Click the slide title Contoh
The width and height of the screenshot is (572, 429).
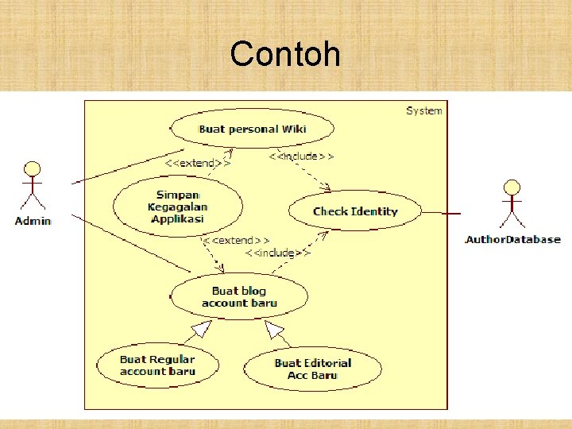click(285, 55)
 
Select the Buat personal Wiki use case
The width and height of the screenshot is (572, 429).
click(252, 129)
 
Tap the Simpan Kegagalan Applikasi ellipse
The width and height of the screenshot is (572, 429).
click(178, 207)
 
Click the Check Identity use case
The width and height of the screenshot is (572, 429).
click(354, 211)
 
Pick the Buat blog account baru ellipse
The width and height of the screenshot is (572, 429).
click(239, 296)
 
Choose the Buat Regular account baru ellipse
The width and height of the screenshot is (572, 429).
click(157, 365)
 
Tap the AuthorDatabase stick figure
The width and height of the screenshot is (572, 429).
click(512, 205)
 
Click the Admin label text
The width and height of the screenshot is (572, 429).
click(33, 221)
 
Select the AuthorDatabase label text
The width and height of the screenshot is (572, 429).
click(512, 239)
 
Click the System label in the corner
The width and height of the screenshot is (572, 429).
click(423, 110)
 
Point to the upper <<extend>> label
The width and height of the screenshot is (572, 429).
click(198, 163)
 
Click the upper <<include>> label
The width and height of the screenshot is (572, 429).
click(301, 157)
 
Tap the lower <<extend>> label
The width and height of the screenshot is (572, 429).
click(235, 239)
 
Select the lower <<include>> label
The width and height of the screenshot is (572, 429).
click(276, 253)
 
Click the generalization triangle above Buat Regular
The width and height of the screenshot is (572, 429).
click(202, 328)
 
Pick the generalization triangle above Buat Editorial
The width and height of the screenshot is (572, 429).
click(274, 328)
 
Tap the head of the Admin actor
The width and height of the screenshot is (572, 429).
click(33, 168)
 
